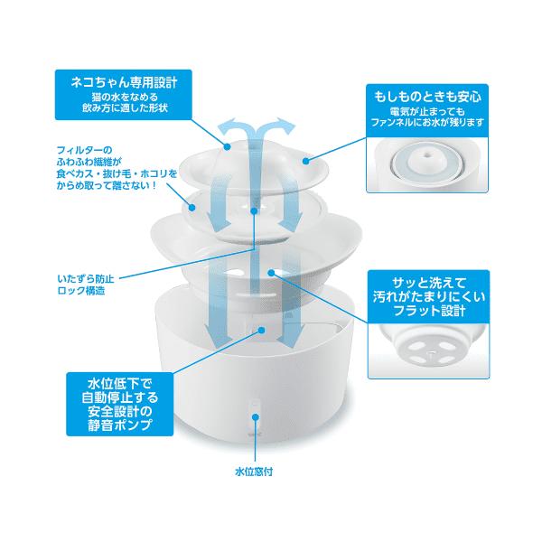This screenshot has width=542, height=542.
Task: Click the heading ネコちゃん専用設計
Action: pos(124,82)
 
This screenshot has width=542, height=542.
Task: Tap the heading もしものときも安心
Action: pos(427,97)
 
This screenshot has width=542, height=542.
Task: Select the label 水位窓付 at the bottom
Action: pos(254,472)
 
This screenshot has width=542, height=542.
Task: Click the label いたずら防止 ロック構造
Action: pos(86,285)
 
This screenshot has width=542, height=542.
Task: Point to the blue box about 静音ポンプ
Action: pos(120,404)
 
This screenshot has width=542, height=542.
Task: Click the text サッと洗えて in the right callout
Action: pos(429,283)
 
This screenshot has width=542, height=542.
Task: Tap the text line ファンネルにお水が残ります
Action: pos(427,122)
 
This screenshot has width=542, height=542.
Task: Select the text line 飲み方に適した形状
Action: pos(125,107)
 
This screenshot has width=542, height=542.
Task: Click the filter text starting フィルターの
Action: pos(117,168)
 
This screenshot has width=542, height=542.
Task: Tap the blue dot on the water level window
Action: pos(256,417)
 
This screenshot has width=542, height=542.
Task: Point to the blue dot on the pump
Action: pos(262,330)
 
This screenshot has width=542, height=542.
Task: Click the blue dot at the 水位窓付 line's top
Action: pos(256,417)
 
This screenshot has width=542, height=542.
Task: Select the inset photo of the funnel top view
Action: pos(427,165)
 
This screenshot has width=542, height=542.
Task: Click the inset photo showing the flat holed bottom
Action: pos(428,350)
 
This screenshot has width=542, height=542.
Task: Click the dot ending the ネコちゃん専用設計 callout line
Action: pos(227,146)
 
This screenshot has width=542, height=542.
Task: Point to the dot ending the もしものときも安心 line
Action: pos(305,161)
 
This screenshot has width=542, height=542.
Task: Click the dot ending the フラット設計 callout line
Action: pos(271,273)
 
